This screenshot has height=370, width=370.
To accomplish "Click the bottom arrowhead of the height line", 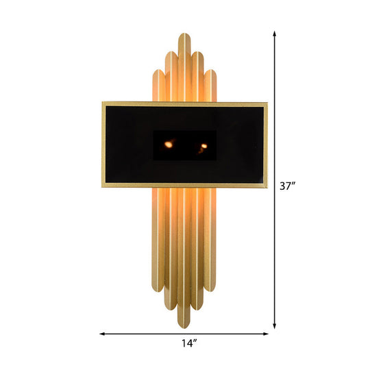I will (275, 325).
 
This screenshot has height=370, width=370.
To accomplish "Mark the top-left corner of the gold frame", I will (103, 103).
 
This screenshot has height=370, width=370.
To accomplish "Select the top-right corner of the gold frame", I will (266, 103).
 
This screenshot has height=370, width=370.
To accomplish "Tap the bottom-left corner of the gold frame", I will (103, 188).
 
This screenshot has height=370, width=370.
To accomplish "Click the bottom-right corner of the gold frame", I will (266, 188).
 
